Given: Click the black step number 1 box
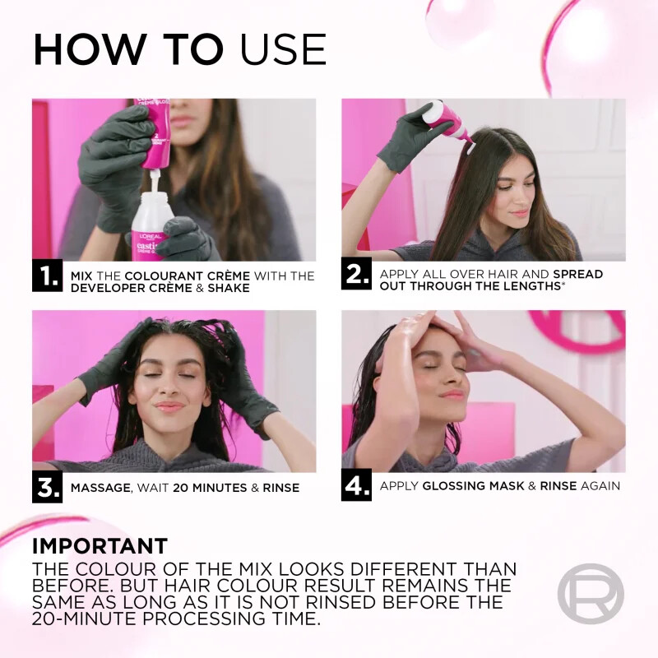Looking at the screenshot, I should point(47,276).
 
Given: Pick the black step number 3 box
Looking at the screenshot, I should point(47,487).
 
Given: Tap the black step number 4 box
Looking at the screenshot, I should point(356,485).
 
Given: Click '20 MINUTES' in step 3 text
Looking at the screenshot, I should point(210,488).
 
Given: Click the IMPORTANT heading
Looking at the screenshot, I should point(100,546).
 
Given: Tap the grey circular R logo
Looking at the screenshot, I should point(590,593).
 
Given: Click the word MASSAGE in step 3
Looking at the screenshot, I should point(100,488).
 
